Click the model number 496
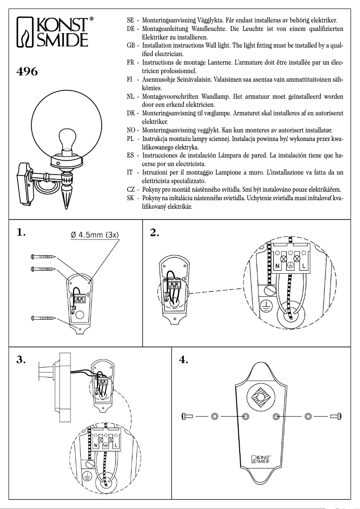(27, 71)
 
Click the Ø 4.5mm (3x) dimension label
(95, 235)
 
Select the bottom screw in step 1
(43, 318)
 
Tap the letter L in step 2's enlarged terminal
(304, 267)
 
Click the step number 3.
(20, 360)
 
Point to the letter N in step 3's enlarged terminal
(97, 446)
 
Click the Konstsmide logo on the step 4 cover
(261, 459)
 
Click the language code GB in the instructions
(132, 46)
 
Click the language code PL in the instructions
(132, 139)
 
